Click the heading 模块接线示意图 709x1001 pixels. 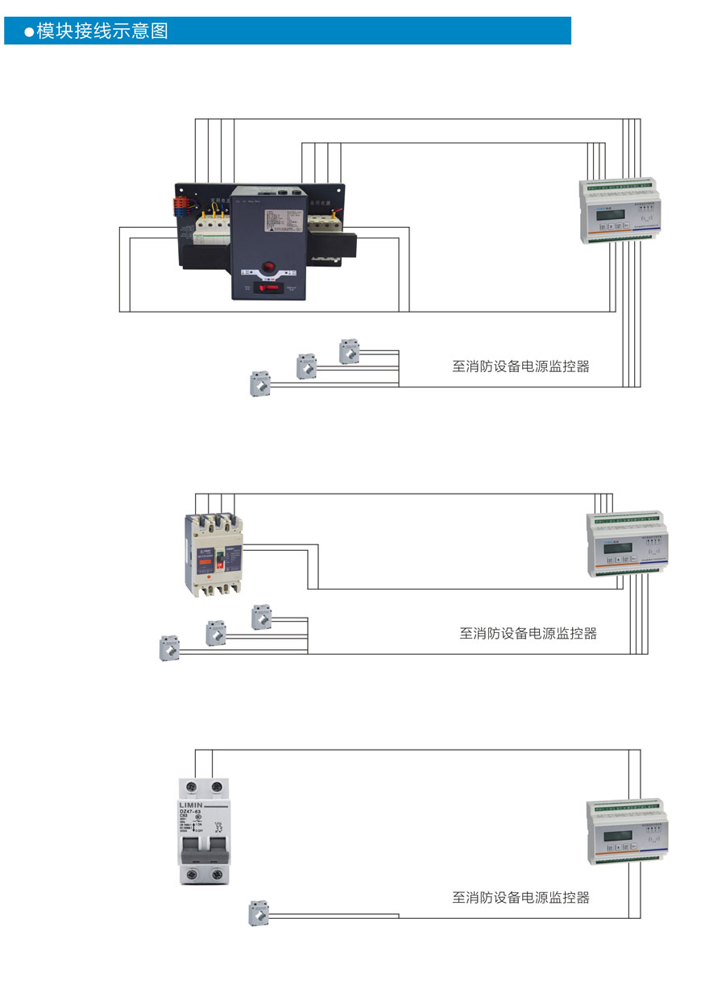pyautogui.click(x=102, y=31)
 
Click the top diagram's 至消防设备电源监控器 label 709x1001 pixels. pyautogui.click(x=520, y=366)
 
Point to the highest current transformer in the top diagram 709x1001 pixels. pyautogui.click(x=349, y=351)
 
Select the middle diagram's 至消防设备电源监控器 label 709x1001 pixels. pyautogui.click(x=529, y=633)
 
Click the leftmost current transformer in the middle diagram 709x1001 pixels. pyautogui.click(x=169, y=647)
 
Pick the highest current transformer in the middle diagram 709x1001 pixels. pyautogui.click(x=261, y=617)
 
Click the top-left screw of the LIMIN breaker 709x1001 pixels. pyautogui.click(x=192, y=786)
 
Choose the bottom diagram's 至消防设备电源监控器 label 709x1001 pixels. pyautogui.click(x=520, y=897)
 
